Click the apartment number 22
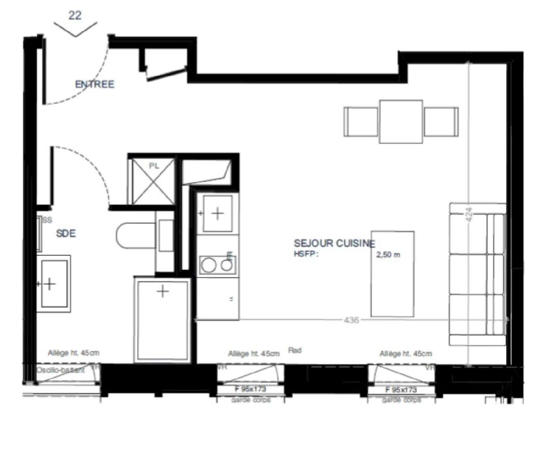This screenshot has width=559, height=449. click(75, 16)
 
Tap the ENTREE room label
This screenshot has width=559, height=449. click(95, 84)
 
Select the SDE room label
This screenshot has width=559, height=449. click(66, 233)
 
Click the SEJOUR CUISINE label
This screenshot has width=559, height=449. click(334, 244)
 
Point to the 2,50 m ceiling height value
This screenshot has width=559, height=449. click(388, 255)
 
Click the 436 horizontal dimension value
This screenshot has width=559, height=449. click(351, 320)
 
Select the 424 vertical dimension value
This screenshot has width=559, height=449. click(469, 215)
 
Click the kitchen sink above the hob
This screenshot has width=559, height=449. click(218, 213)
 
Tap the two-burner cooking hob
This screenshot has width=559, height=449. click(217, 265)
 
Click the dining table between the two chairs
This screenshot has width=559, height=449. click(401, 122)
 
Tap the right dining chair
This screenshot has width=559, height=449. click(441, 122)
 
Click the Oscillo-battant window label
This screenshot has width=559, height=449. click(60, 370)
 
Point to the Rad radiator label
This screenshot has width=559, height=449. click(295, 351)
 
